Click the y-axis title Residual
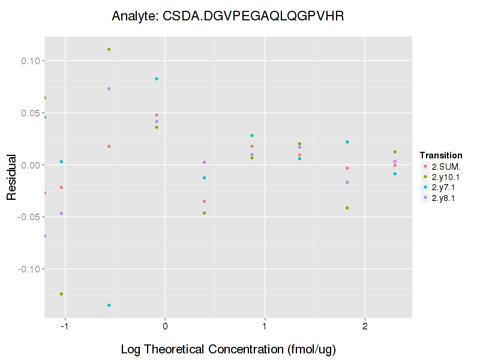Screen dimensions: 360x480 click(x=11, y=176)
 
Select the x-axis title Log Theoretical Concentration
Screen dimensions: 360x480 click(x=227, y=349)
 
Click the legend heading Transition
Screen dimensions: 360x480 click(x=441, y=155)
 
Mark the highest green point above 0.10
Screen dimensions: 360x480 click(x=109, y=49)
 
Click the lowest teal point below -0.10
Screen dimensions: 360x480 click(x=109, y=305)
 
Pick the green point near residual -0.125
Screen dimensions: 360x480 click(x=61, y=294)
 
